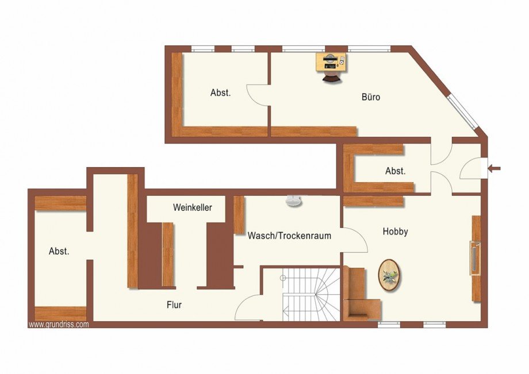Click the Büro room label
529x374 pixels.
tap(371, 97)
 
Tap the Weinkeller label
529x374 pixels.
tap(193, 207)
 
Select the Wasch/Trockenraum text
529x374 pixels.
tap(289, 236)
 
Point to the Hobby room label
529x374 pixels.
tap(396, 232)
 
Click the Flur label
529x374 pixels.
tap(174, 305)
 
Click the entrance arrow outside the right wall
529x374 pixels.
tap(494, 168)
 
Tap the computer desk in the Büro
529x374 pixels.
tap(331, 61)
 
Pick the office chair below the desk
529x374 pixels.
tap(331, 77)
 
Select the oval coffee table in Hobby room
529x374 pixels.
tap(390, 275)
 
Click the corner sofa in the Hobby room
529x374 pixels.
tap(359, 296)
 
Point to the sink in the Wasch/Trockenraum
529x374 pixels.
tap(294, 201)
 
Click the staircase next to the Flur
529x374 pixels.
tap(310, 294)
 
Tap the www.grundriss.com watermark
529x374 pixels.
tap(59, 325)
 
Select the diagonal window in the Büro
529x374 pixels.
tap(463, 112)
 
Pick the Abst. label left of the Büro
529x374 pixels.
tap(221, 93)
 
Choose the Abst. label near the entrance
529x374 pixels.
tap(396, 171)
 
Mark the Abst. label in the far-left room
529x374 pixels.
tap(59, 251)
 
